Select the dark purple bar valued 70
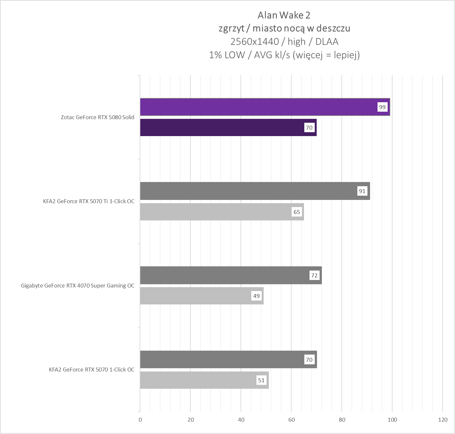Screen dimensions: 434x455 point(221,127)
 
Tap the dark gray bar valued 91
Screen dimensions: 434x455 point(247,191)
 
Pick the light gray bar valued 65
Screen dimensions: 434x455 point(215,212)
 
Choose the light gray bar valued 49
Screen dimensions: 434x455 point(195,296)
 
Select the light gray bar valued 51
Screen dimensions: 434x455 point(199,380)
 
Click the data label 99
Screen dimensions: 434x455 point(382,107)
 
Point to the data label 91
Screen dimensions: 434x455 point(362,191)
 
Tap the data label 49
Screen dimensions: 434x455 point(256,296)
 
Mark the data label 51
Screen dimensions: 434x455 point(261,380)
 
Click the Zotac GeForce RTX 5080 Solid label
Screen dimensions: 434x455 point(97,117)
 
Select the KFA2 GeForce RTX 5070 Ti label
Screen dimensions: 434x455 point(89,201)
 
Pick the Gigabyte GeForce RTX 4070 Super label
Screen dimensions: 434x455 point(77,286)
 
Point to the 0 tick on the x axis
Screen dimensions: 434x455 point(140,419)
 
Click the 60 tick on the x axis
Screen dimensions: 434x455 point(292,419)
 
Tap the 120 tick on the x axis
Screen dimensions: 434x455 point(443,419)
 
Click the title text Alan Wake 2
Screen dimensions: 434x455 point(284,15)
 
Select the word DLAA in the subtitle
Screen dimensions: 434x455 point(327,42)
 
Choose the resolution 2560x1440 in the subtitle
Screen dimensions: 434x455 point(255,42)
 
